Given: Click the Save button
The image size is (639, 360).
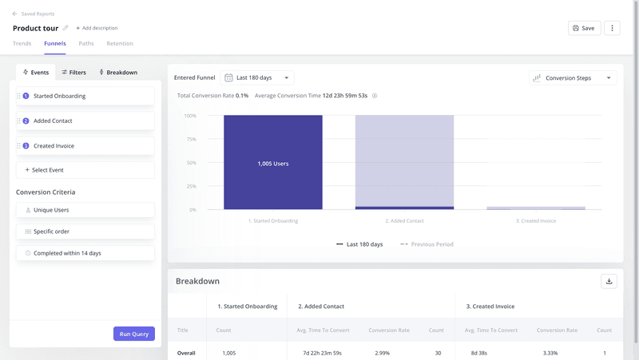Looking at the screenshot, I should coord(584,28).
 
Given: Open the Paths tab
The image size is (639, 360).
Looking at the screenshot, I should coord(85,44).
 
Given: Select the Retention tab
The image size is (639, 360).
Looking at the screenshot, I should coord(120,44).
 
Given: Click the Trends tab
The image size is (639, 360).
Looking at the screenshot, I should coord(22,44).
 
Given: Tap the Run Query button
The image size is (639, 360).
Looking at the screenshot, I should coord(133,334).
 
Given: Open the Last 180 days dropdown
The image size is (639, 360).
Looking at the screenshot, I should coord(257,77).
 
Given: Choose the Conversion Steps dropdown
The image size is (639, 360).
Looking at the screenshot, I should coord(573,78).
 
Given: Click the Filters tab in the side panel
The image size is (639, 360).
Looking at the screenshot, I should coord(73,73).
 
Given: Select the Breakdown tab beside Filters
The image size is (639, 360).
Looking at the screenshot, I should coord(117,73).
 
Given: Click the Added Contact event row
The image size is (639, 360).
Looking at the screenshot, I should coord(85,121).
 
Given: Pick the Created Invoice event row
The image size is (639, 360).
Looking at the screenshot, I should coord(85,146).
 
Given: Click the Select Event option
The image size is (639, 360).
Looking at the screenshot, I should coord(85,170).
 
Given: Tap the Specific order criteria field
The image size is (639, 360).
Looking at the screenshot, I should coord(85,231).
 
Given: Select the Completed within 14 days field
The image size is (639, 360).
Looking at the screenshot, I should coord(85,253).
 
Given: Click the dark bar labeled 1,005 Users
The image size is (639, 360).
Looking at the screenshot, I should coord(273,163).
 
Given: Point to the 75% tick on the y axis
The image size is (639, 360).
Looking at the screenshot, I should coord(190,139).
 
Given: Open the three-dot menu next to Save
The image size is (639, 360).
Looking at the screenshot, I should coord(612,28).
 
